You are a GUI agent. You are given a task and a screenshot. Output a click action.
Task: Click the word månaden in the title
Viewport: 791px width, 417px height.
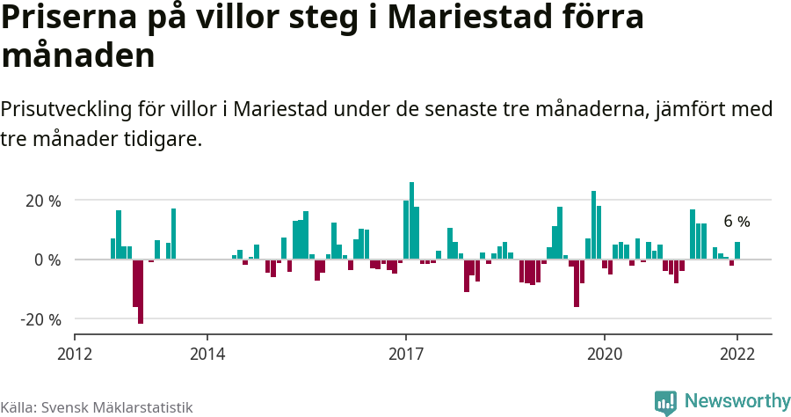(x=78, y=56)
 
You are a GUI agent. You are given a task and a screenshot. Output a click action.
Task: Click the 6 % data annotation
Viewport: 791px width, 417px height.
(x=737, y=222)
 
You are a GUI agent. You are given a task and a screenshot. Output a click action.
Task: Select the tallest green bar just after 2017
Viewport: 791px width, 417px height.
(x=411, y=220)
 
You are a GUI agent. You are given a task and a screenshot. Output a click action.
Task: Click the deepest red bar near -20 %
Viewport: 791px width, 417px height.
(x=141, y=291)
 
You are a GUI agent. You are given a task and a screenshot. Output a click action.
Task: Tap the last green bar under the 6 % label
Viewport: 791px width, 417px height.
(x=737, y=251)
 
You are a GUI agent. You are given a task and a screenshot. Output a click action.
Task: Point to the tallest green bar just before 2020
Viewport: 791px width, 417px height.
(x=593, y=225)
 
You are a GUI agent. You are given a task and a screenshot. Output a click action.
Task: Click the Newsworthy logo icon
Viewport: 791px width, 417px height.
(x=665, y=402)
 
